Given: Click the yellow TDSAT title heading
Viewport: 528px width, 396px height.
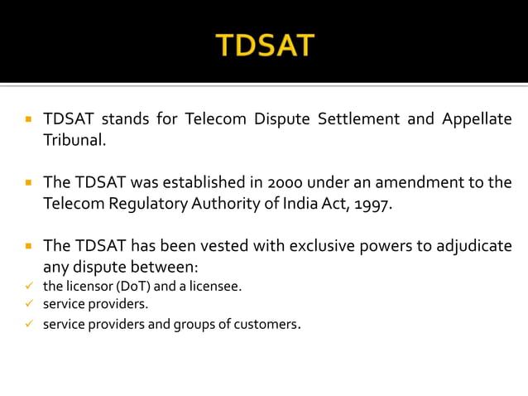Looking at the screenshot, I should (265, 45).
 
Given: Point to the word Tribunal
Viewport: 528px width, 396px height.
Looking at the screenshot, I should (74, 140).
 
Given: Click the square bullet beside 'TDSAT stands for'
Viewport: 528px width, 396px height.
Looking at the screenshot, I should (27, 119).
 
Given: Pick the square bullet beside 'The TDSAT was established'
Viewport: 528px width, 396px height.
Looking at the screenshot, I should (27, 182).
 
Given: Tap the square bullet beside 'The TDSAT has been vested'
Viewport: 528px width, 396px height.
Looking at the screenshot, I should (27, 246).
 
